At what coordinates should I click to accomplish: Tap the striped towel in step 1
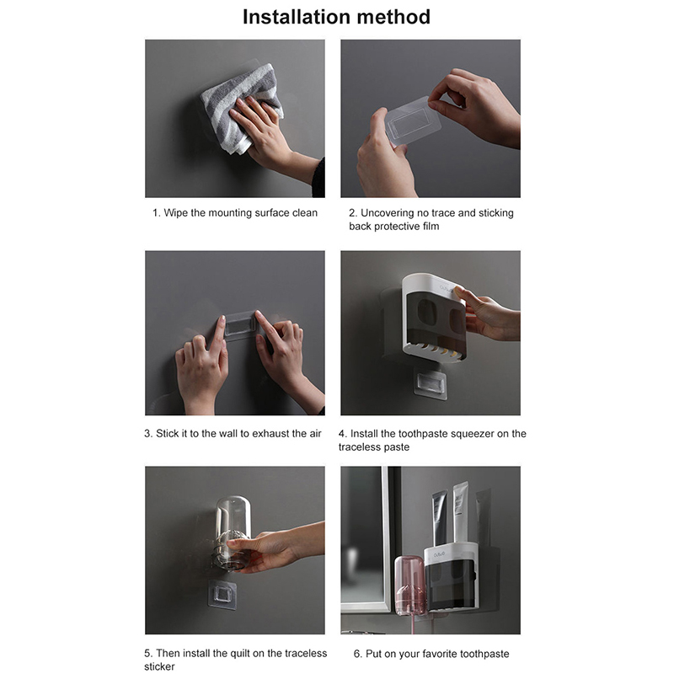tap(241, 108)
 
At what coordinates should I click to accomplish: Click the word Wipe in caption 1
tap(175, 213)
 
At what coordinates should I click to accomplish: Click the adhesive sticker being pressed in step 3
tap(241, 325)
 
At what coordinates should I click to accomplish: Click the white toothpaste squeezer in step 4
tap(434, 318)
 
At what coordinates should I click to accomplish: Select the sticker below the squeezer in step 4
tap(431, 383)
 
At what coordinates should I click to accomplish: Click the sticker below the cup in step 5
tap(222, 595)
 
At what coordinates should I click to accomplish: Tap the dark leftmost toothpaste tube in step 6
tap(440, 518)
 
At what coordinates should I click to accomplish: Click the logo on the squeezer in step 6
tap(439, 555)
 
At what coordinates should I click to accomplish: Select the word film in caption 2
tap(431, 227)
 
